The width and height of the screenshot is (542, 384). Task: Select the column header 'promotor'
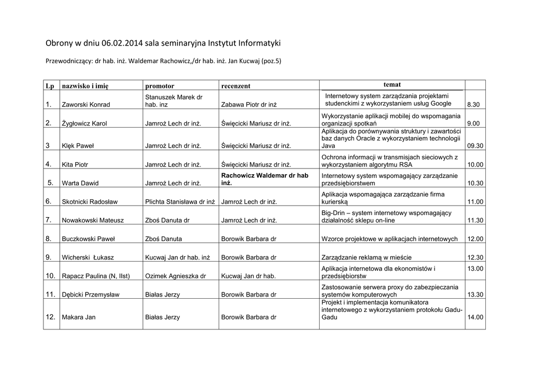pos(159,86)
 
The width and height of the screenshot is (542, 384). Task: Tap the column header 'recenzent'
pos(236,86)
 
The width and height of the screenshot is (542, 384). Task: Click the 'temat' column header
pos(392,85)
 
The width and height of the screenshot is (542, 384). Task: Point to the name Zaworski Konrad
pos(86,105)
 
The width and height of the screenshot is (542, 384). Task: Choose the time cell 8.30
pos(473,105)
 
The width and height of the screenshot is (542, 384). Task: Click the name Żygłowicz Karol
pos(85,123)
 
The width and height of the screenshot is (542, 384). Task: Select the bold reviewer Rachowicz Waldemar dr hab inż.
pos(265,179)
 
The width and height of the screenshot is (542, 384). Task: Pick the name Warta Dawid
pos(80,183)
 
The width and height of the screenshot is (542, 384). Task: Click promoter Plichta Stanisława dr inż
pos(180,202)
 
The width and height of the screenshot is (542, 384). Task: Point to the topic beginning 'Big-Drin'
pos(386,216)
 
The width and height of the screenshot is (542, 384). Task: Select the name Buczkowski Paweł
pos(88,239)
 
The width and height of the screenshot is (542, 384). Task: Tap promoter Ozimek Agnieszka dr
pos(175,276)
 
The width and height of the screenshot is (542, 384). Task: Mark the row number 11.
pos(51,294)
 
